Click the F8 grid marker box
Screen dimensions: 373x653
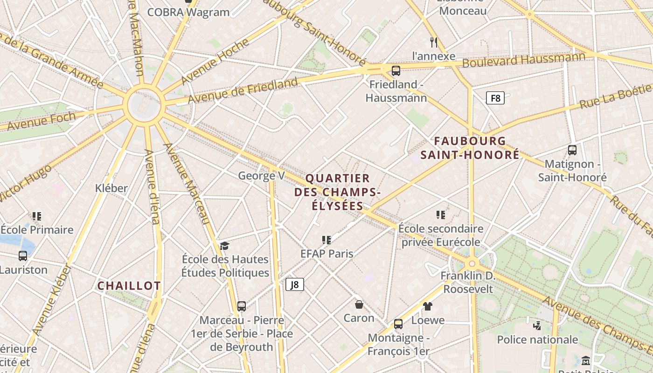click(495, 98)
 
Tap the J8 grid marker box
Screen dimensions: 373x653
click(294, 284)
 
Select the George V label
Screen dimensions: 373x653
click(261, 176)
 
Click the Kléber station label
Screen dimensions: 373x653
click(111, 188)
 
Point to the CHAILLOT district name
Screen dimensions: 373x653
click(129, 286)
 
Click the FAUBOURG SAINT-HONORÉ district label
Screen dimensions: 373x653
click(470, 148)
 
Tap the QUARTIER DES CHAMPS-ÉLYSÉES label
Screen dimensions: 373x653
click(338, 192)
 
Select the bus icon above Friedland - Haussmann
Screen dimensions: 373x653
click(396, 71)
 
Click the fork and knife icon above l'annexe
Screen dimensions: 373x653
click(434, 42)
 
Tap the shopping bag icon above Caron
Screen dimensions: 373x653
click(359, 304)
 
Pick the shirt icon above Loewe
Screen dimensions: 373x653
click(428, 306)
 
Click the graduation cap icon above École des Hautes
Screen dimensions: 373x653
click(225, 246)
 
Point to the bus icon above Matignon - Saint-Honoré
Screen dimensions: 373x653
click(572, 150)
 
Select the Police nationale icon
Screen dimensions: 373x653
click(537, 325)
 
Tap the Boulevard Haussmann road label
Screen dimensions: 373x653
click(523, 60)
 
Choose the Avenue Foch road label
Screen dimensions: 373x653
click(41, 121)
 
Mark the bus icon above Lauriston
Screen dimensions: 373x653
click(23, 256)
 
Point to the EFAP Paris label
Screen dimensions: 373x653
click(326, 254)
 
